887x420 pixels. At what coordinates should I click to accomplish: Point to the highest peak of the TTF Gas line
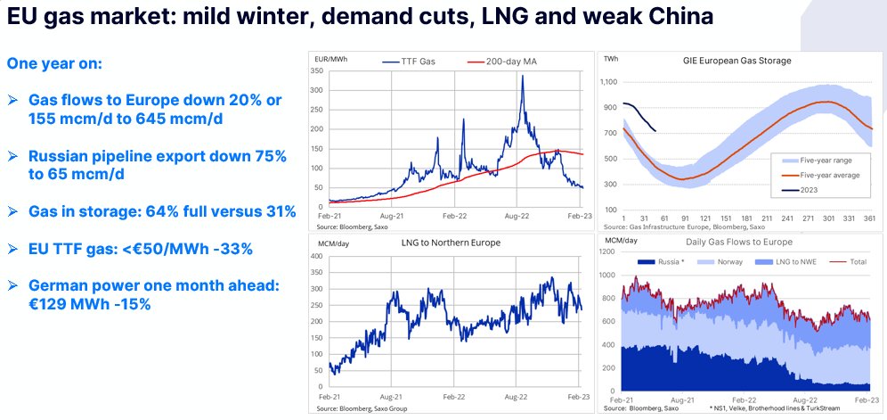(522, 76)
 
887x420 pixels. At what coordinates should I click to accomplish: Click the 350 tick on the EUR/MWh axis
(316, 70)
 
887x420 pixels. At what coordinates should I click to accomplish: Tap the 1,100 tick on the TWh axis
(607, 81)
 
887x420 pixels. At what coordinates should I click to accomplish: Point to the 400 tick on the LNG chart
(316, 257)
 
